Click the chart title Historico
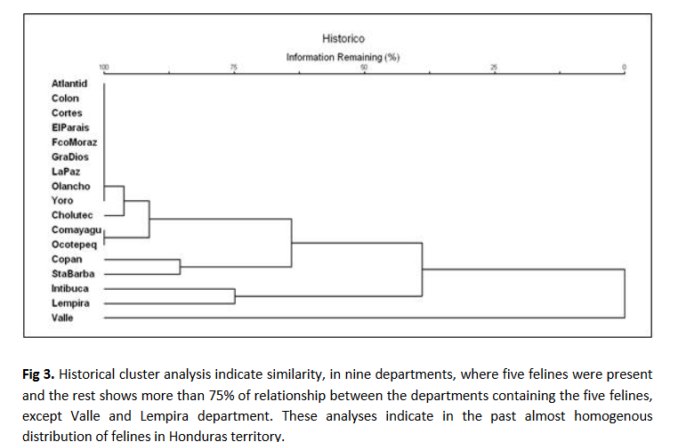[x=343, y=38]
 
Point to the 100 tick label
[x=103, y=68]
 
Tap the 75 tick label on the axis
[x=234, y=68]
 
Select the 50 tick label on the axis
[x=364, y=68]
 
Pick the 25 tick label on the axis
[x=495, y=68]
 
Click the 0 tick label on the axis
[x=625, y=68]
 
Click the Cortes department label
[x=67, y=113]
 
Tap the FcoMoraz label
[x=74, y=142]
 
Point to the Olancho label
[x=70, y=186]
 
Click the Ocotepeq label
[x=74, y=245]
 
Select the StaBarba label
[x=72, y=274]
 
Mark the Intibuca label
[x=70, y=288]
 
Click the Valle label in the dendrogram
[x=62, y=317]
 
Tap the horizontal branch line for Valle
[x=356, y=317]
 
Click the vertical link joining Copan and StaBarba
[x=181, y=267]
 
